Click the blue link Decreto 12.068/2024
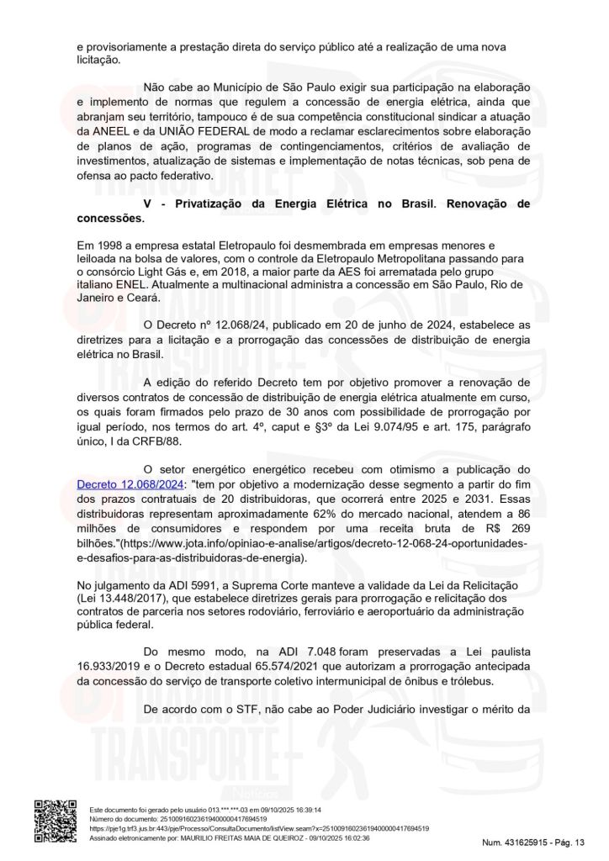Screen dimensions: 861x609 point(130,485)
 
